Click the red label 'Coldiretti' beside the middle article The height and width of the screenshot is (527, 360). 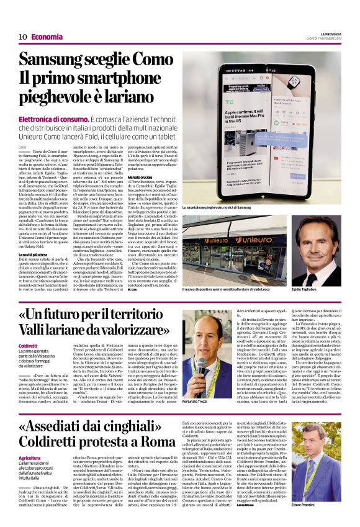[x=29, y=345]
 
